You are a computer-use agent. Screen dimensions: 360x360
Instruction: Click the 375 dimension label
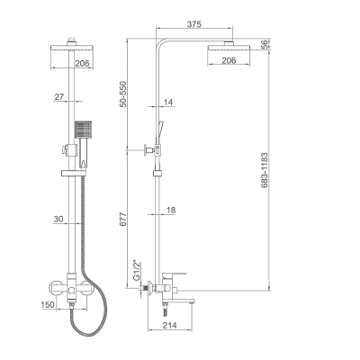pyautogui.click(x=194, y=24)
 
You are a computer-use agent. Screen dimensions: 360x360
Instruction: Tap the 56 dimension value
pyautogui.click(x=265, y=45)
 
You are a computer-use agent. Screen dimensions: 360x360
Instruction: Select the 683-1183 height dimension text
pyautogui.click(x=265, y=170)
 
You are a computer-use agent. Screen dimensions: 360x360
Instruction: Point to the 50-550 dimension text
pyautogui.click(x=123, y=94)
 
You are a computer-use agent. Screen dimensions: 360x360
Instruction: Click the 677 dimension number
pyautogui.click(x=123, y=219)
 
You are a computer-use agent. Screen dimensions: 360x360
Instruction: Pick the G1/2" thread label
pyautogui.click(x=137, y=271)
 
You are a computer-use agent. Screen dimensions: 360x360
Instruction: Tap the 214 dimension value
pyautogui.click(x=169, y=325)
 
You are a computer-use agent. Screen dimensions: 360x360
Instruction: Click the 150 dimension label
pyautogui.click(x=48, y=304)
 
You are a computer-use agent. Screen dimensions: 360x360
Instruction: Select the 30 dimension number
pyautogui.click(x=58, y=220)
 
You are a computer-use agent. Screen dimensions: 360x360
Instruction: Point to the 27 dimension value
pyautogui.click(x=59, y=97)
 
